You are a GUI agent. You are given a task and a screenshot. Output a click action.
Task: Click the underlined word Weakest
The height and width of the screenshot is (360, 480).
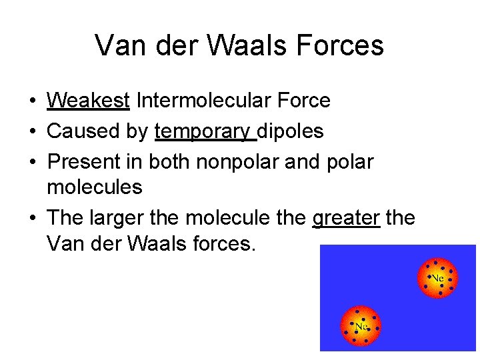click(x=88, y=101)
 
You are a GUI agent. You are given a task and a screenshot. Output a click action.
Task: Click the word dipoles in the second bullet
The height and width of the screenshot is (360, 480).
click(x=291, y=131)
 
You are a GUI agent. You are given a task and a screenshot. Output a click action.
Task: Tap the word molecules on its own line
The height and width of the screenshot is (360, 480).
click(x=95, y=187)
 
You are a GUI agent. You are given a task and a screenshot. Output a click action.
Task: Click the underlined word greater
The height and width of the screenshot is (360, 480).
click(x=346, y=218)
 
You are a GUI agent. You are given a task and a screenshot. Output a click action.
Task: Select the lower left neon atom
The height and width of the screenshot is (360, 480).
click(x=361, y=326)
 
